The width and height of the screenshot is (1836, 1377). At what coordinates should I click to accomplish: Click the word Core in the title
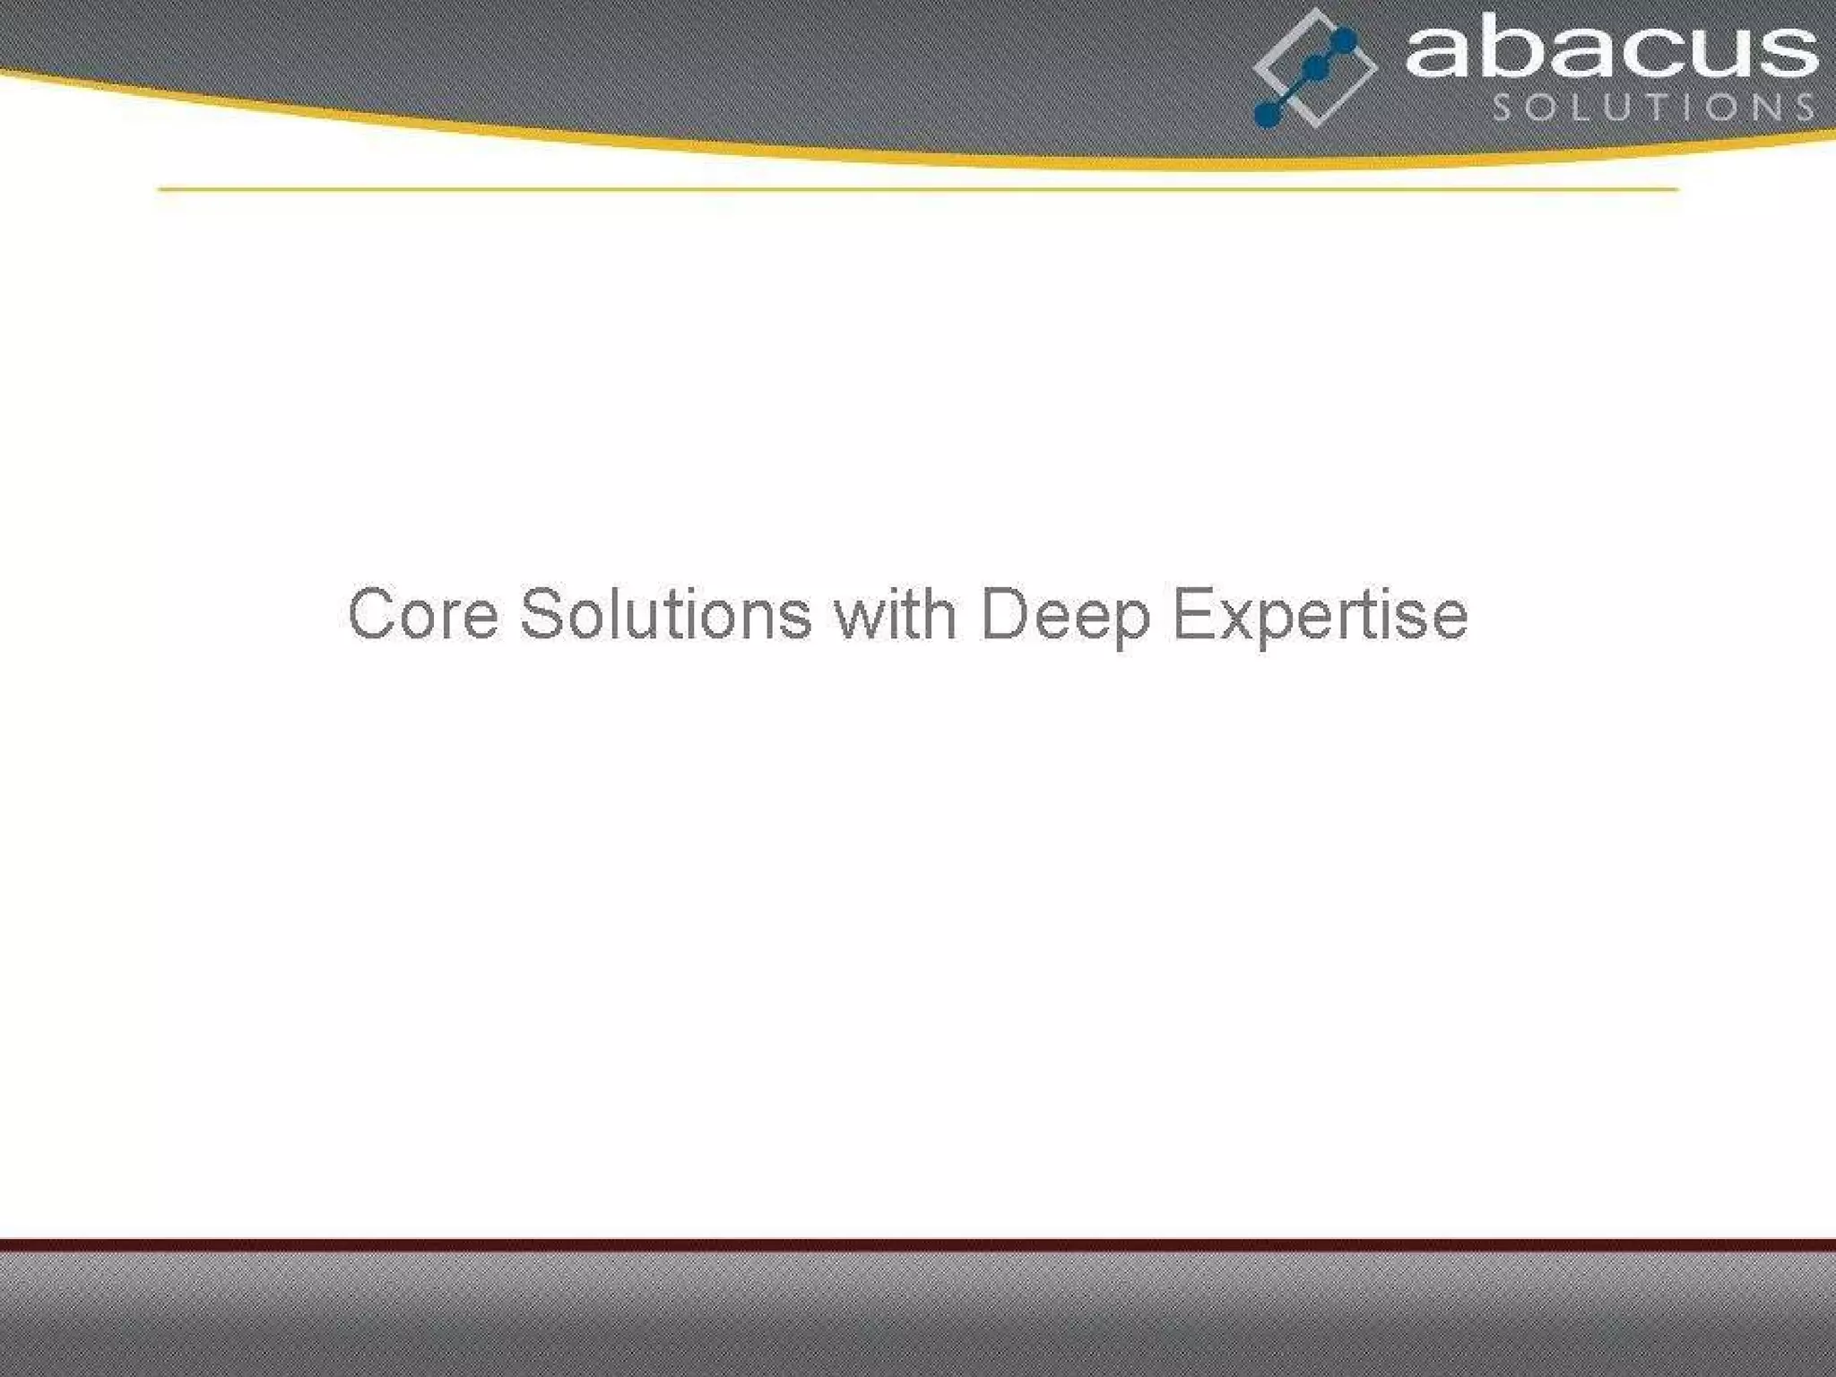pos(423,614)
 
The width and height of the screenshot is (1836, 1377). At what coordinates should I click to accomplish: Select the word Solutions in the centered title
pos(665,614)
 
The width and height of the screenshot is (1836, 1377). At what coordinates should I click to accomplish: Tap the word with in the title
pos(895,614)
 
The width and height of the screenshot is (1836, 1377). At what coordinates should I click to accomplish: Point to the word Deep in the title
pos(1065,616)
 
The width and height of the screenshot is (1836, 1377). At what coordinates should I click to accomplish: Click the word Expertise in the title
pos(1320,616)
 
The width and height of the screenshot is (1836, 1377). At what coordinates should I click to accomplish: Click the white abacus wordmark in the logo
pos(1610,52)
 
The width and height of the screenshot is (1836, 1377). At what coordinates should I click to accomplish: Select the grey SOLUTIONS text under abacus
pos(1653,108)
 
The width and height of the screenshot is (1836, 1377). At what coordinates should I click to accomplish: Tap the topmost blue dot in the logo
pos(1345,40)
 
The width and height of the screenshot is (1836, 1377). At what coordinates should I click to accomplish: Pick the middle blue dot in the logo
pos(1315,68)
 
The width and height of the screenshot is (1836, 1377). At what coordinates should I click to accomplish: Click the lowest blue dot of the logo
pos(1266,114)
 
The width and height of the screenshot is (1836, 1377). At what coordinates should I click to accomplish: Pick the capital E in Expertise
pos(1191,614)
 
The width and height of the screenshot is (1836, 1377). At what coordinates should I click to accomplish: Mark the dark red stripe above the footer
pos(918,1244)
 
